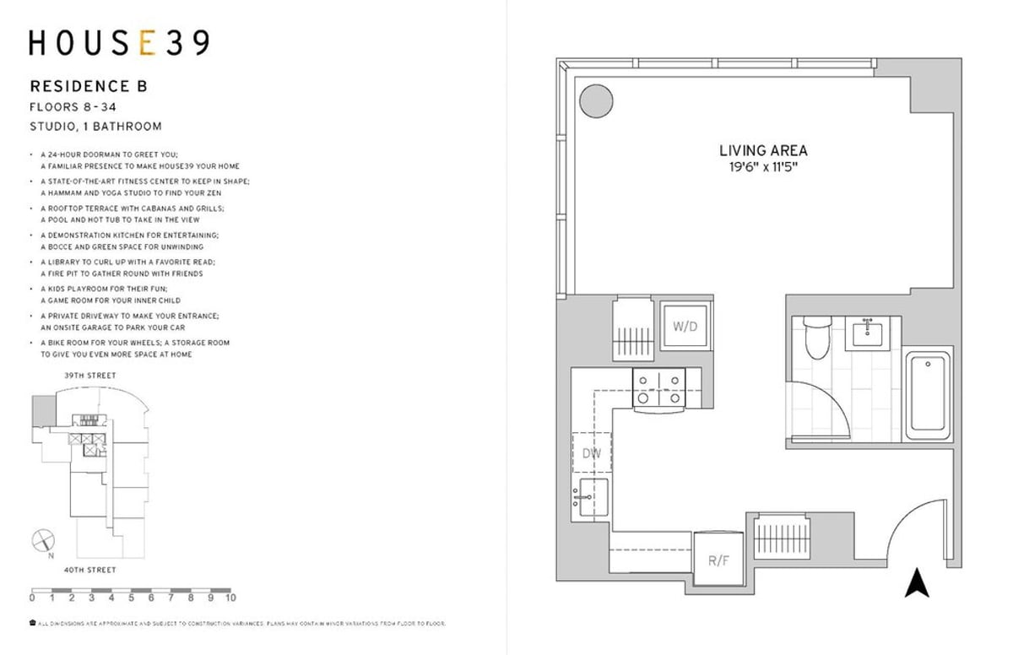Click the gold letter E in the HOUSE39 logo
point(147,42)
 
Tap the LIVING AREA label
point(763,151)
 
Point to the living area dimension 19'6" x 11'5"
point(763,168)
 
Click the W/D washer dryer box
point(685,325)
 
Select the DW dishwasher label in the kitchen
point(591,453)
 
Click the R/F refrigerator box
point(718,558)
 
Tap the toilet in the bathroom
point(817,338)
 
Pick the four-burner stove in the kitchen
point(659,390)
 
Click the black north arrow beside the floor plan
point(917,583)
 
